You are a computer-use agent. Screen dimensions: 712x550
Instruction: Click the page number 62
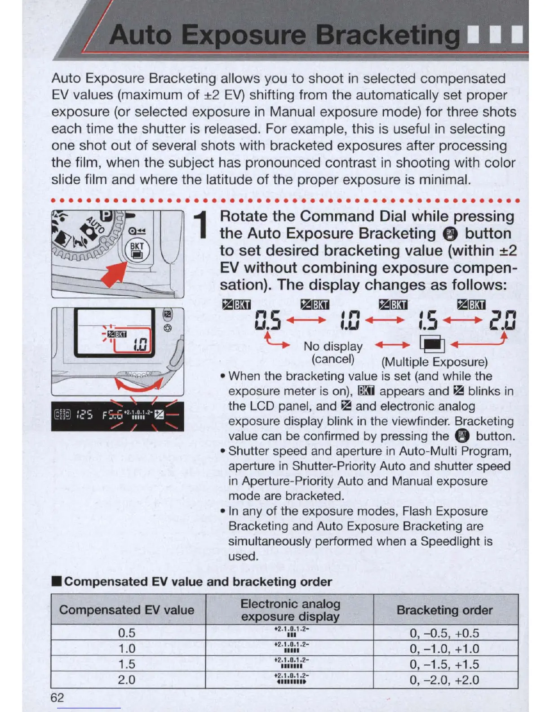pos(58,697)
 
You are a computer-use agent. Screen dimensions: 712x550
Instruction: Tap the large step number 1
pos(201,225)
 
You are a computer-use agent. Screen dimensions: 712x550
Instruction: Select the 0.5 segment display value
pos(268,320)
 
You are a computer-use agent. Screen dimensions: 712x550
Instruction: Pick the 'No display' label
pos(333,346)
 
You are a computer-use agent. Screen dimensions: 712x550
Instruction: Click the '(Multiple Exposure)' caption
pos(434,362)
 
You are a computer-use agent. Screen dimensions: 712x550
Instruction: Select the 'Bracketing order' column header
pos(444,610)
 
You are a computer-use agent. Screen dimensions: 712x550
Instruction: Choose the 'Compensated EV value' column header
pos(127,610)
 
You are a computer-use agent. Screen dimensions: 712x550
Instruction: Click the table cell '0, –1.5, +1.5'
pos(444,664)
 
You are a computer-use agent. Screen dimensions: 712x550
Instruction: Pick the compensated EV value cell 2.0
pos(127,679)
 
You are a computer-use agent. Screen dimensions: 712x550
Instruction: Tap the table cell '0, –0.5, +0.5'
pos(444,633)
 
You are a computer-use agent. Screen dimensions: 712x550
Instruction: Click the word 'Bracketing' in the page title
pos(387,35)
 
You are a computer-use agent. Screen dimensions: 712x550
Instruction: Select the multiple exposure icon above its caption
pos(432,344)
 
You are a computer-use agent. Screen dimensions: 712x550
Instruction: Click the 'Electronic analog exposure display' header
pos(290,610)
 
